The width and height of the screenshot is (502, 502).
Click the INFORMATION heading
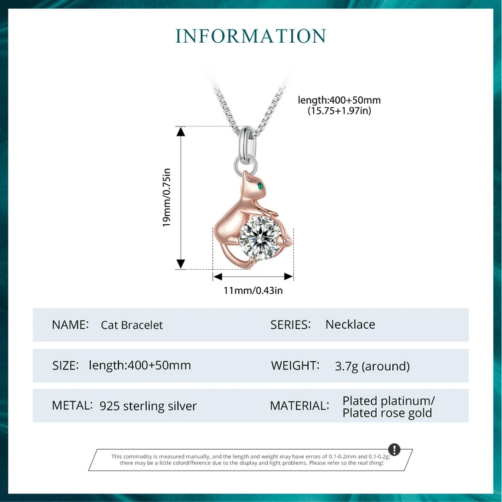[x=251, y=35]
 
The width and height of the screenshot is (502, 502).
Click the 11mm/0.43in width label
[x=253, y=290]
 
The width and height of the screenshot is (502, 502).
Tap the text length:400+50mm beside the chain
[x=339, y=100]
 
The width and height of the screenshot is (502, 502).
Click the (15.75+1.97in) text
[x=339, y=111]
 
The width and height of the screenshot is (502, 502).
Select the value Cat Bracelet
[x=132, y=325]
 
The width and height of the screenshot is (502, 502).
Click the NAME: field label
[x=70, y=325]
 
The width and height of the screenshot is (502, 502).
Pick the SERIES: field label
[x=290, y=325]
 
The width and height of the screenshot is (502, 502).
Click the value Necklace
[x=350, y=325]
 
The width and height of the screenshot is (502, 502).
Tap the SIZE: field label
[x=65, y=365]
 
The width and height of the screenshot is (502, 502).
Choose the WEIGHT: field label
[x=295, y=365]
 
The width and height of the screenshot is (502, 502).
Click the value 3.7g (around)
[x=372, y=366]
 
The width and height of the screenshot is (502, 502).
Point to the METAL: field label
[x=72, y=406]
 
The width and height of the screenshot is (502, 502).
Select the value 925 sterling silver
[x=148, y=406]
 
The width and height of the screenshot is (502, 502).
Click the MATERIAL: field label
[x=299, y=406]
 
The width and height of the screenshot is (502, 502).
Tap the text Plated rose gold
[x=387, y=413]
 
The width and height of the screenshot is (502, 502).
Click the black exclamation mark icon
[x=394, y=449]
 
